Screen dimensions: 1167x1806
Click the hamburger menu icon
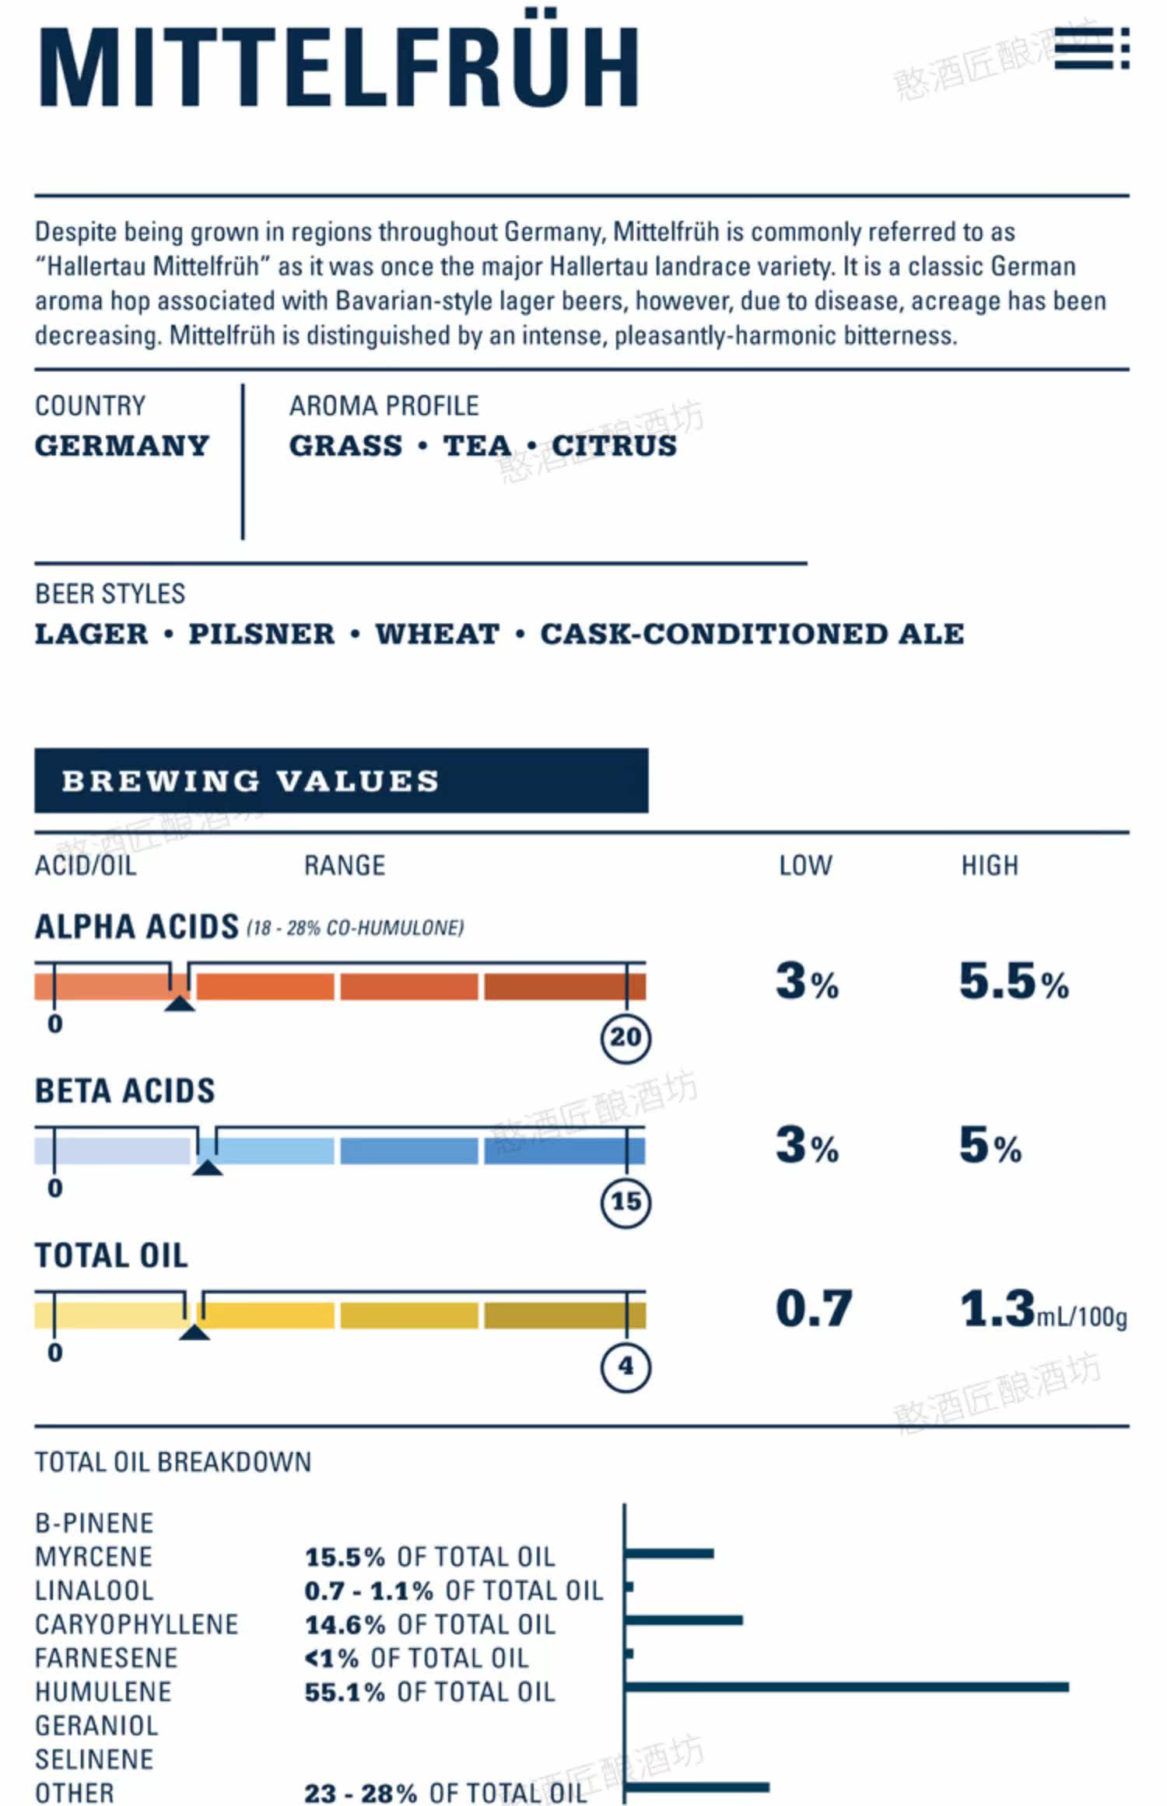click(x=1092, y=49)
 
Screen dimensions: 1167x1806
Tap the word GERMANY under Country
click(x=122, y=446)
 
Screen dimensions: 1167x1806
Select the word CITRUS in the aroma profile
click(x=615, y=446)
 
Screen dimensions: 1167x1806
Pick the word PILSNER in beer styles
click(x=261, y=634)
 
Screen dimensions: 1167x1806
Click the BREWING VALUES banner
click(x=341, y=781)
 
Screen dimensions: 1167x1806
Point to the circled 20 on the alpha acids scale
click(x=626, y=1038)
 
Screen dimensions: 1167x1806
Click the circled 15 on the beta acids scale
click(x=626, y=1202)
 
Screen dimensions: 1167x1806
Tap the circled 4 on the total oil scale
click(x=626, y=1367)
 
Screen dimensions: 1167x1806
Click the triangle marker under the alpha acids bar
click(x=180, y=1003)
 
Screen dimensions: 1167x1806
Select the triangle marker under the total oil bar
click(x=194, y=1332)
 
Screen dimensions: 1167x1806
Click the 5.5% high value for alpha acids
click(x=1014, y=981)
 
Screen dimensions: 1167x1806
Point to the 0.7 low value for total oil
click(x=814, y=1309)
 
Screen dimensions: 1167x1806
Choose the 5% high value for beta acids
click(x=990, y=1145)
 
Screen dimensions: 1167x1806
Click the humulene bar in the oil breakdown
click(x=847, y=1687)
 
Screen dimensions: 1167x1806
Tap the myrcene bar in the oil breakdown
click(x=670, y=1553)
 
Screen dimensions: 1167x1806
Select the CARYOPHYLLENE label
click(x=137, y=1624)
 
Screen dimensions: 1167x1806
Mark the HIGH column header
click(x=990, y=866)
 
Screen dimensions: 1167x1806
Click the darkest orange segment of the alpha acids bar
click(x=565, y=986)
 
